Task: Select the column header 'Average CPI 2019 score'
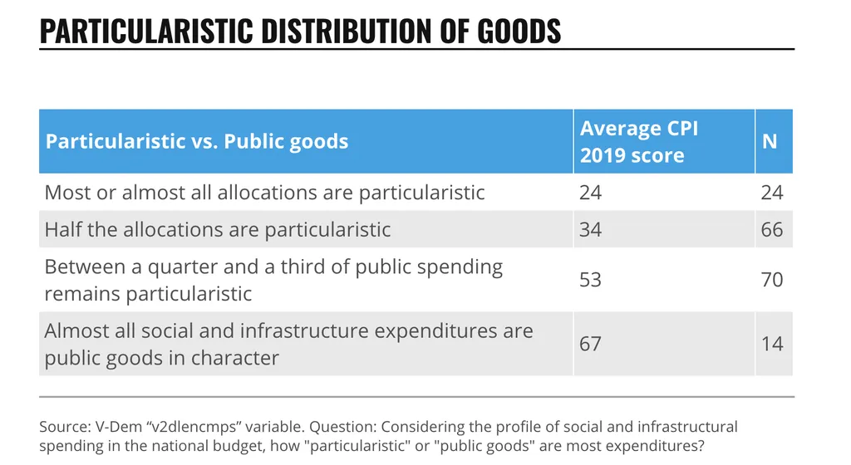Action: coord(639,141)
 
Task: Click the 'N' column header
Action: coord(770,141)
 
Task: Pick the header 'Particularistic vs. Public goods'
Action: coord(196,141)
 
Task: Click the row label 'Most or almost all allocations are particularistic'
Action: coord(264,193)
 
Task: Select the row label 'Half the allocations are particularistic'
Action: coord(217,229)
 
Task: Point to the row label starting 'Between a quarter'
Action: coord(273,280)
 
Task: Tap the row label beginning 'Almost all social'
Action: coord(288,344)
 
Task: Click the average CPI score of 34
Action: coord(590,229)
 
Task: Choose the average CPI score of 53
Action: coord(590,280)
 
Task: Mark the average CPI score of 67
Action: coord(590,344)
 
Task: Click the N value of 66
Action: coord(772,229)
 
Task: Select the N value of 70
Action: coord(772,280)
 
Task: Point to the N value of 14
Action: coord(772,344)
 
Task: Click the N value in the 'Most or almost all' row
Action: coord(772,193)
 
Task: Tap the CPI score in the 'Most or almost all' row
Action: coord(590,193)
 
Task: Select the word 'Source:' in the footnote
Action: coord(64,428)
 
